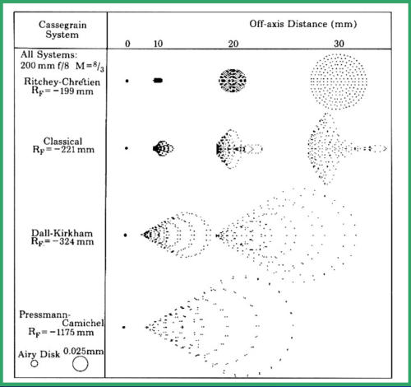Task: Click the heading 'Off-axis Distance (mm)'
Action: point(303,24)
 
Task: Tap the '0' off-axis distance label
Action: point(127,44)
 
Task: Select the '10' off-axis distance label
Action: point(158,44)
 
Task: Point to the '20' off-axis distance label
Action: point(233,44)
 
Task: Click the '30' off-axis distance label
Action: point(339,44)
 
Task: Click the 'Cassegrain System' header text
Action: point(62,30)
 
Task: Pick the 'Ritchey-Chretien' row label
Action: point(62,82)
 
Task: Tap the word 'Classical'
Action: point(62,142)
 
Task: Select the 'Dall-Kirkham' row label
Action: point(62,233)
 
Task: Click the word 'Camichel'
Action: point(83,323)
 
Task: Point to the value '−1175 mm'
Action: point(72,332)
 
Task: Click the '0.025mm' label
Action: point(84,351)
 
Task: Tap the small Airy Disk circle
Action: point(35,364)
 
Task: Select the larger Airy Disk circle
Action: point(81,364)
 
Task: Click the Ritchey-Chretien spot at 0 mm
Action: point(127,81)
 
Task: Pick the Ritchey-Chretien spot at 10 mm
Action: point(158,81)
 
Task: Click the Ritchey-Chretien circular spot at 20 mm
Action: point(233,81)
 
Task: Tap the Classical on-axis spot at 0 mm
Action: point(127,148)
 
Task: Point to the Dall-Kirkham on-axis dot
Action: point(126,235)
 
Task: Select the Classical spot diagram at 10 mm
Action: point(163,148)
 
